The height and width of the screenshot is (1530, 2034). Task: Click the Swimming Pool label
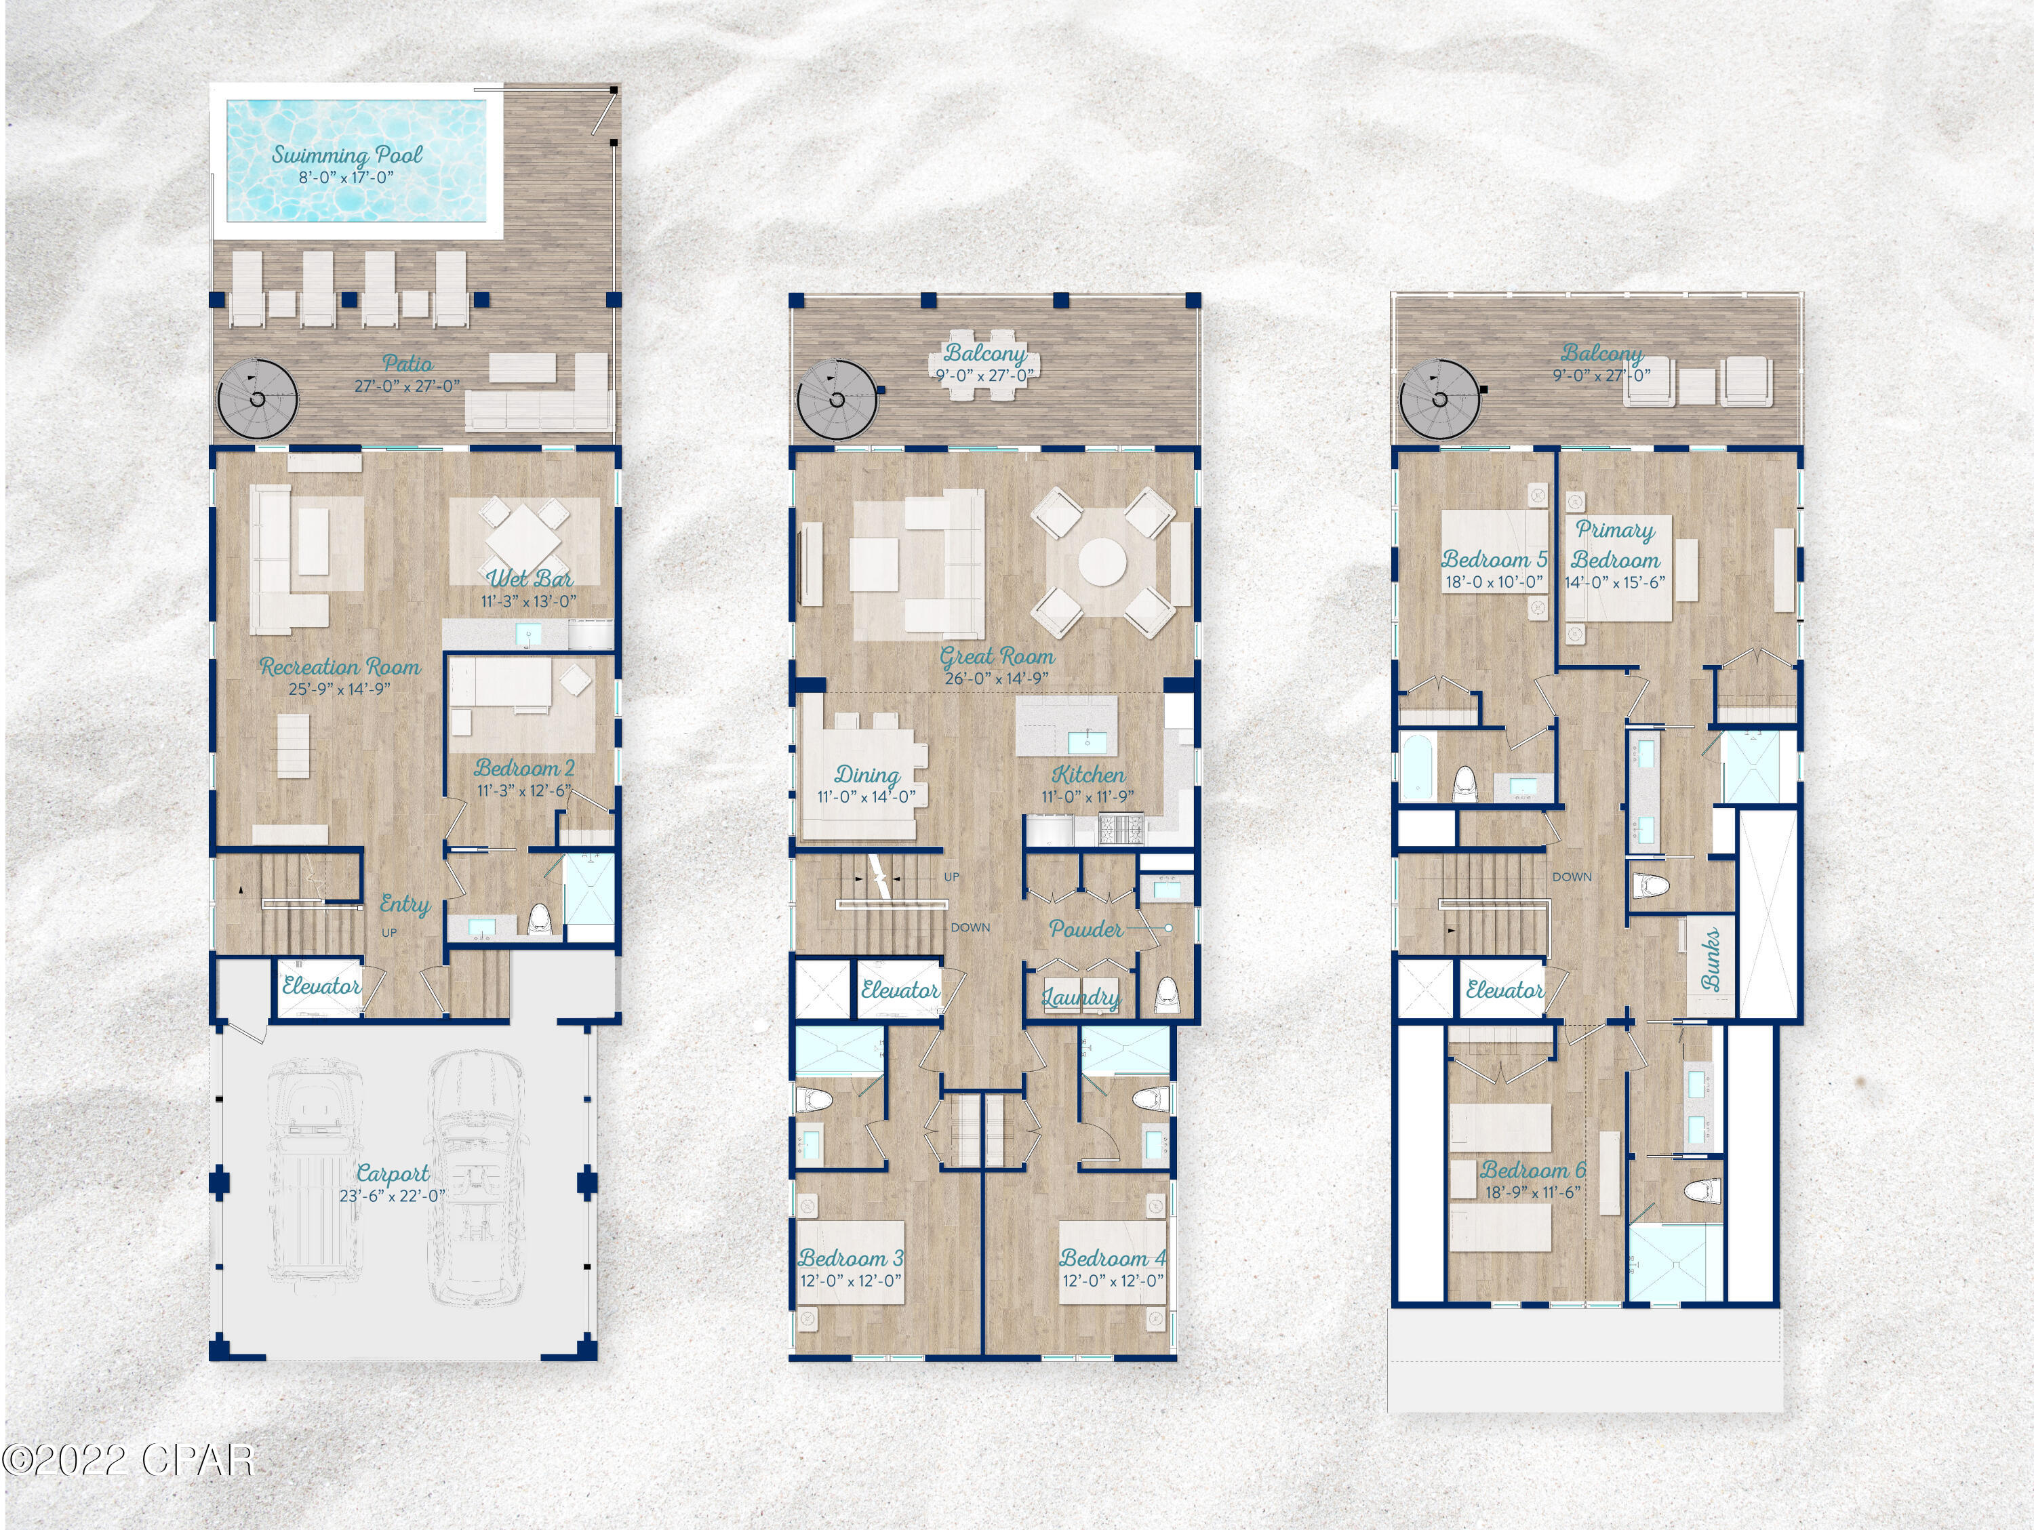[x=346, y=155]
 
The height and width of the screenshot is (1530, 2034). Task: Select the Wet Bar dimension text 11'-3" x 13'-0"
[x=529, y=601]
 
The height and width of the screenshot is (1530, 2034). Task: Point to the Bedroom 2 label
[x=524, y=768]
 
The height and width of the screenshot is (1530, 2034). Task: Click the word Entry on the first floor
[x=405, y=905]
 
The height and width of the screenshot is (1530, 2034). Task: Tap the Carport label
[x=393, y=1173]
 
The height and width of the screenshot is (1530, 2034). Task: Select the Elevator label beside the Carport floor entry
[x=321, y=986]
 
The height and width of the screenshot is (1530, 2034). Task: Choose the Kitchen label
[x=1088, y=774]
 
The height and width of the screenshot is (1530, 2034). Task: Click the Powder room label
[x=1086, y=929]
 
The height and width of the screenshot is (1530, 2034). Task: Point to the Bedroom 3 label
[x=851, y=1258]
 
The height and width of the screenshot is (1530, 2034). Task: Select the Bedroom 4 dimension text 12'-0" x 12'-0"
[x=1113, y=1281]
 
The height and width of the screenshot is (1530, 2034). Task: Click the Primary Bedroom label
[x=1615, y=544]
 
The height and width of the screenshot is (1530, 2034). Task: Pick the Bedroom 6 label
[x=1533, y=1171]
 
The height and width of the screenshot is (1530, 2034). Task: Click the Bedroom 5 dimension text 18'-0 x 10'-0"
[x=1494, y=582]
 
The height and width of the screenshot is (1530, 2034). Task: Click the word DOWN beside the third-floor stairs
[x=1572, y=877]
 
